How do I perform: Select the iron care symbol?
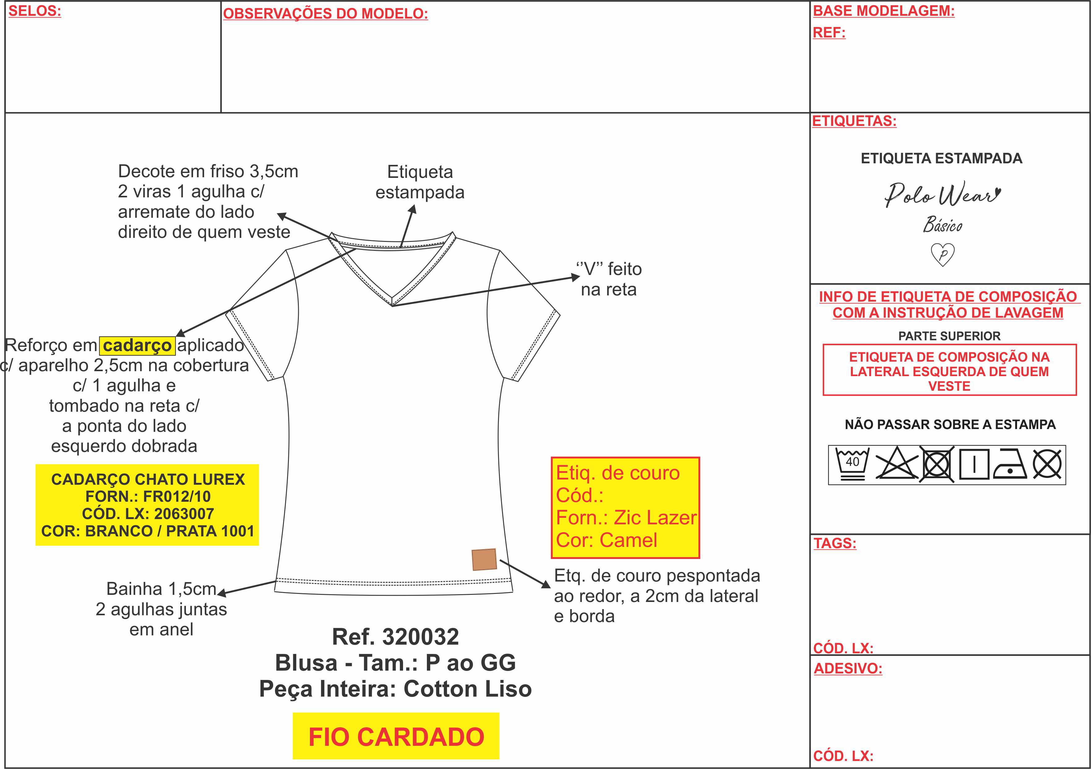click(1011, 464)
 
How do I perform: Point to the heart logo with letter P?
click(943, 254)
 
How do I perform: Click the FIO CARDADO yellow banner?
click(396, 736)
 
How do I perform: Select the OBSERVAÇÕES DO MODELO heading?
click(325, 14)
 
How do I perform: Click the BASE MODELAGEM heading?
click(884, 11)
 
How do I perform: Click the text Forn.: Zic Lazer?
click(626, 518)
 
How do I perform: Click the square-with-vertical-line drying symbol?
click(974, 464)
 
